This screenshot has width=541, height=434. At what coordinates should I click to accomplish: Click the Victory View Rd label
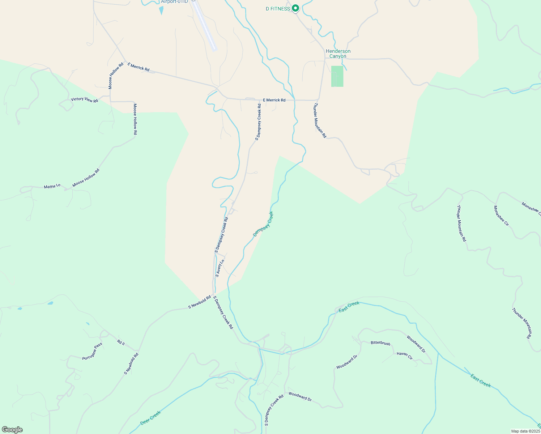point(84,99)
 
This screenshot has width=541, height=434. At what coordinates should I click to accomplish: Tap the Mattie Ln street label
point(52,187)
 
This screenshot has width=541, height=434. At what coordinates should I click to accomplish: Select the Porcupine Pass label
point(92,351)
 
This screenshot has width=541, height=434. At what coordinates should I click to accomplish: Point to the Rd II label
point(121,342)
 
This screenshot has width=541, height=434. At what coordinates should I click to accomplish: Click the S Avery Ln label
point(220,268)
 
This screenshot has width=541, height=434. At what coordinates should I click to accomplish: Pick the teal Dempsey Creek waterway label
point(263,224)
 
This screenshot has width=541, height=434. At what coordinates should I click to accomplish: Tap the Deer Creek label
point(150,418)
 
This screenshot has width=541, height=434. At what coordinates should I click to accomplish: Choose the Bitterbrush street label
point(380,342)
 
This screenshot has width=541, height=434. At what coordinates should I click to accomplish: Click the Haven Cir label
point(405,356)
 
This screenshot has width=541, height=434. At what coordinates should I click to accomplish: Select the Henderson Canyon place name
point(338,54)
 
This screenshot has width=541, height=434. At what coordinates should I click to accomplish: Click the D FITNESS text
point(278,9)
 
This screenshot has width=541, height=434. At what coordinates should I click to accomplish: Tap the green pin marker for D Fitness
point(295,8)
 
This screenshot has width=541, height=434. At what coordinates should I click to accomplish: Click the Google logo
point(12,430)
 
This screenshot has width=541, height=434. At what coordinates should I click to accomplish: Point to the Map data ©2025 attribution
point(525,431)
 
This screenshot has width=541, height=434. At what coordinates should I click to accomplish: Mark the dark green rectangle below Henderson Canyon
point(337,76)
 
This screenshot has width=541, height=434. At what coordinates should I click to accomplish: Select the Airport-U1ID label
point(174,2)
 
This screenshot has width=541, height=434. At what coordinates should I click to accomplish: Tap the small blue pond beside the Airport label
point(161,10)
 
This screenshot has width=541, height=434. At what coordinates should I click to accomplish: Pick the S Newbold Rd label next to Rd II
point(131,363)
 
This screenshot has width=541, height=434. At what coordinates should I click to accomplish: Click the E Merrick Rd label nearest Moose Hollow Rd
point(138,67)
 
